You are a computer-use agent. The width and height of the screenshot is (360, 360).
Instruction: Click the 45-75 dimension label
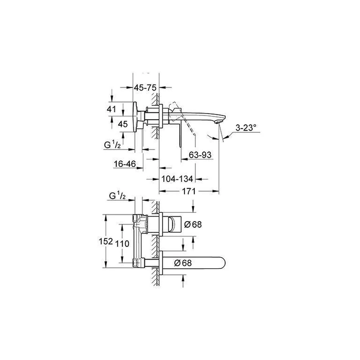tap(145, 87)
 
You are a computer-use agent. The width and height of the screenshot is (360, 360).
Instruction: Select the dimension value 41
tap(111, 109)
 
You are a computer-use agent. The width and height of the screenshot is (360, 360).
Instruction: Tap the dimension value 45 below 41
tap(123, 124)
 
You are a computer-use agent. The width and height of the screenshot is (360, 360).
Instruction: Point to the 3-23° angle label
tap(246, 128)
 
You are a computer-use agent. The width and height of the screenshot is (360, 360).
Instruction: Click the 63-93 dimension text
tap(200, 155)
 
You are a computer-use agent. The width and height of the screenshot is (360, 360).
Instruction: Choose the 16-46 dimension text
tap(125, 164)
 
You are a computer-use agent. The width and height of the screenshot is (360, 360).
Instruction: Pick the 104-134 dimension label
tap(177, 179)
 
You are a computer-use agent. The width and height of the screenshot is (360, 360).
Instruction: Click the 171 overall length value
tap(189, 191)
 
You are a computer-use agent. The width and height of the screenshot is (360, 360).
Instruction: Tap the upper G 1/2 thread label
tap(112, 145)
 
